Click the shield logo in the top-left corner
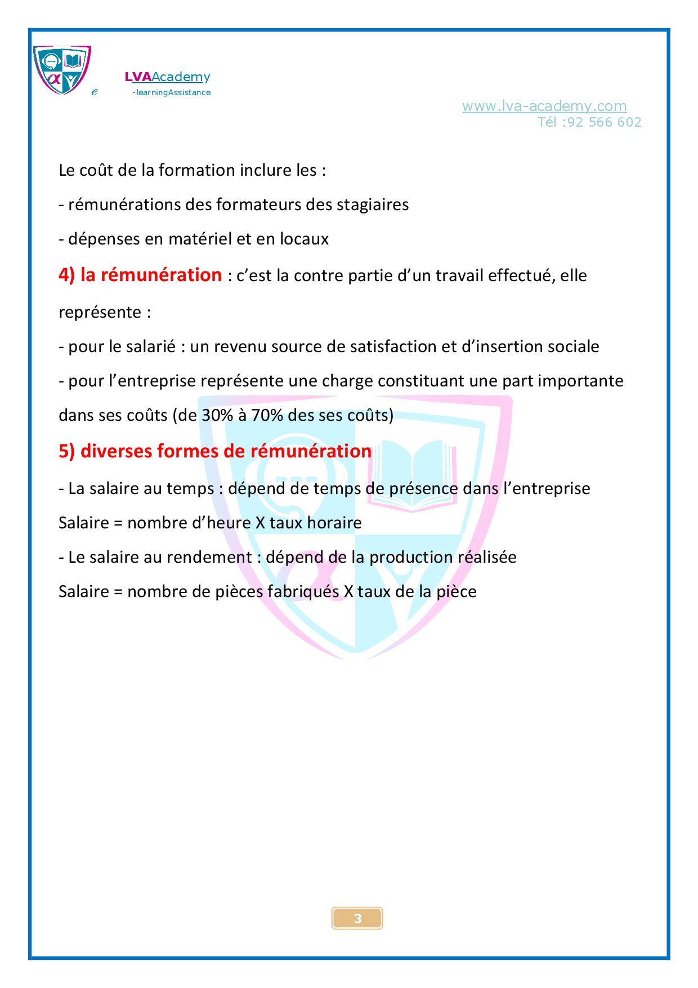click(x=62, y=70)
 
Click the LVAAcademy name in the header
click(x=167, y=77)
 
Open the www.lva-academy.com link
click(x=544, y=106)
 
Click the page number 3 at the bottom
click(x=357, y=919)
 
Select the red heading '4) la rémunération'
click(x=140, y=275)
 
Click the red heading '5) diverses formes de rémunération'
click(x=215, y=451)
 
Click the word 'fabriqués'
click(x=301, y=591)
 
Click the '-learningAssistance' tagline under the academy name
click(x=171, y=92)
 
